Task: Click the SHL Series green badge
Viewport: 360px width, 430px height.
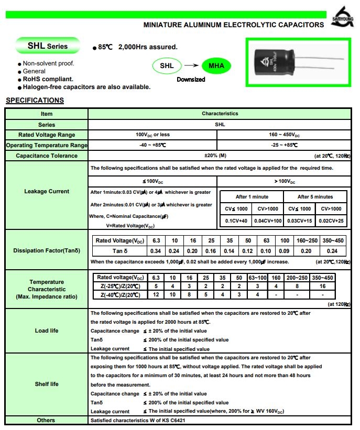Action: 48,46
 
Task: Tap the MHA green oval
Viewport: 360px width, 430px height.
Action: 216,66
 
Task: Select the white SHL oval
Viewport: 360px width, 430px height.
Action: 167,66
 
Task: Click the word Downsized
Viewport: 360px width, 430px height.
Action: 191,80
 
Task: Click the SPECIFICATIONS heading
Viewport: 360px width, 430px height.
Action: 35,101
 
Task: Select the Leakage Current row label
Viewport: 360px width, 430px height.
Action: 47,191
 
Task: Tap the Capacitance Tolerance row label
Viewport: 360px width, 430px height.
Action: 47,156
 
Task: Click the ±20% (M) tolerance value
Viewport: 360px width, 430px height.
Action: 215,156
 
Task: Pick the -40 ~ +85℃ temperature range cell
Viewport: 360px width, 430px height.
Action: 152,145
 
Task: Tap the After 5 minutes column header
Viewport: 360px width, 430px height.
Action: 315,196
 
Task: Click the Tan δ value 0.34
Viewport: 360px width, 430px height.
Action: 156,251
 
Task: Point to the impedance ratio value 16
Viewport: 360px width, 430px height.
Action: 322,286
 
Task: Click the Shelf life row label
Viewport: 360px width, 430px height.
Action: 47,384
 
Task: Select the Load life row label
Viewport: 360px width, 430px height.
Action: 47,330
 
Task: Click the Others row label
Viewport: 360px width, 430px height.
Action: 46,420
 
